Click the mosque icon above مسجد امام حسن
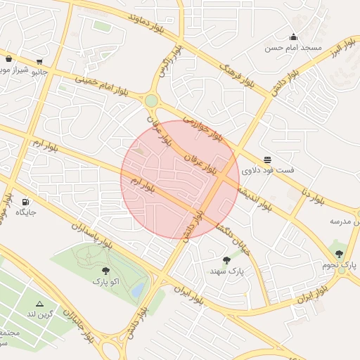tap(293, 37)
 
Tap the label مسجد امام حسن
tap(293, 49)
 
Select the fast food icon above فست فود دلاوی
tap(267, 160)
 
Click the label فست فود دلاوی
tap(268, 171)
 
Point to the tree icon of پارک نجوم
tap(339, 254)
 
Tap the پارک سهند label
tap(226, 270)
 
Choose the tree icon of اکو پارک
tap(105, 270)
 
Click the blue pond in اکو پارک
tap(138, 289)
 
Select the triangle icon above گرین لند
tap(39, 304)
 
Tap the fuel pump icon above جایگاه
tap(26, 201)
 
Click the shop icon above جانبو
tap(39, 61)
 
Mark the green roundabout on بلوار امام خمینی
tap(151, 101)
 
